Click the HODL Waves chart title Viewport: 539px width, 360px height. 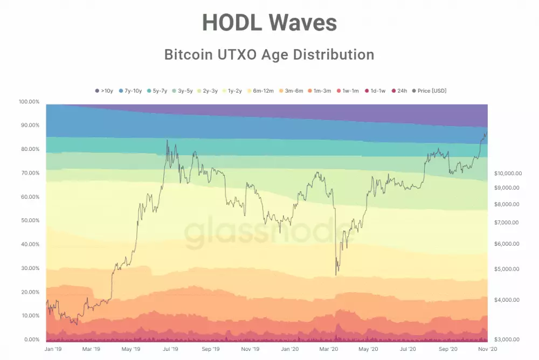tap(269, 23)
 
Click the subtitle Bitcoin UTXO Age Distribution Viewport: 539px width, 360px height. tap(269, 54)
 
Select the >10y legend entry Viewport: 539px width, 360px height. tap(104, 91)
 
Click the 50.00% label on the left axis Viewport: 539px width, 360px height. tap(30, 220)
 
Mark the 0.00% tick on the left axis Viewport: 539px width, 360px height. tap(31, 340)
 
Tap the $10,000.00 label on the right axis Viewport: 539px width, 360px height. tap(507, 173)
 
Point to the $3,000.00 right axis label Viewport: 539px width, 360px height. tap(507, 339)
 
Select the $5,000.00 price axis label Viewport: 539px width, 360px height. tap(507, 269)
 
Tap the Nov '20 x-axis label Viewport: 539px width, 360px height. tap(487, 349)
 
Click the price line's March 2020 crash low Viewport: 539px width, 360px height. tap(336, 275)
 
